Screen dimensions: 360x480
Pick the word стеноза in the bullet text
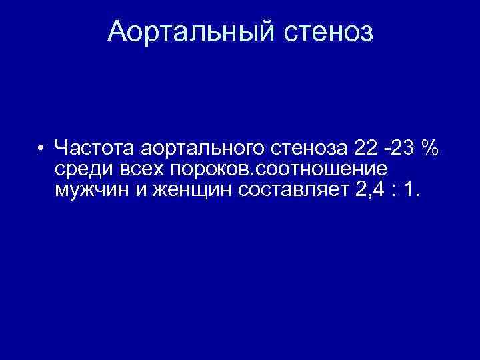pos(297,147)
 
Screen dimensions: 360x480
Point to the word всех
pos(140,169)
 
